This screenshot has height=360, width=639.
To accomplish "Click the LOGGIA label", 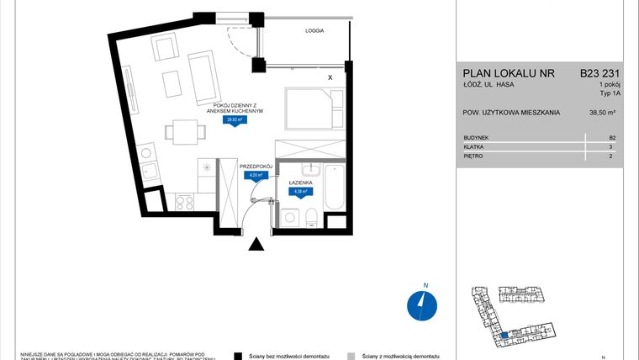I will [x=315, y=30].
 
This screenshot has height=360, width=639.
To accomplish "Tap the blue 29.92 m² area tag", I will [x=235, y=119].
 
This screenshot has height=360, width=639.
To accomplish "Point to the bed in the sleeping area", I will [x=313, y=110].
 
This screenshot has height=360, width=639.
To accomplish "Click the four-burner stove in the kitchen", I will [x=184, y=202].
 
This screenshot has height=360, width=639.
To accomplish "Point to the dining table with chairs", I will [x=182, y=131].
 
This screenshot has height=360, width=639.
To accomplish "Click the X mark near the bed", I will [x=330, y=77].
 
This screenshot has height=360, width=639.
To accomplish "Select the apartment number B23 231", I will [x=599, y=73].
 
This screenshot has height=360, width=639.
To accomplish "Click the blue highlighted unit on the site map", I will [x=504, y=336].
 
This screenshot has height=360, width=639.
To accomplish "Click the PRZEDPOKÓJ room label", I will [x=257, y=167].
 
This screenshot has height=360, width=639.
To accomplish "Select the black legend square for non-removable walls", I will [x=239, y=357].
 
